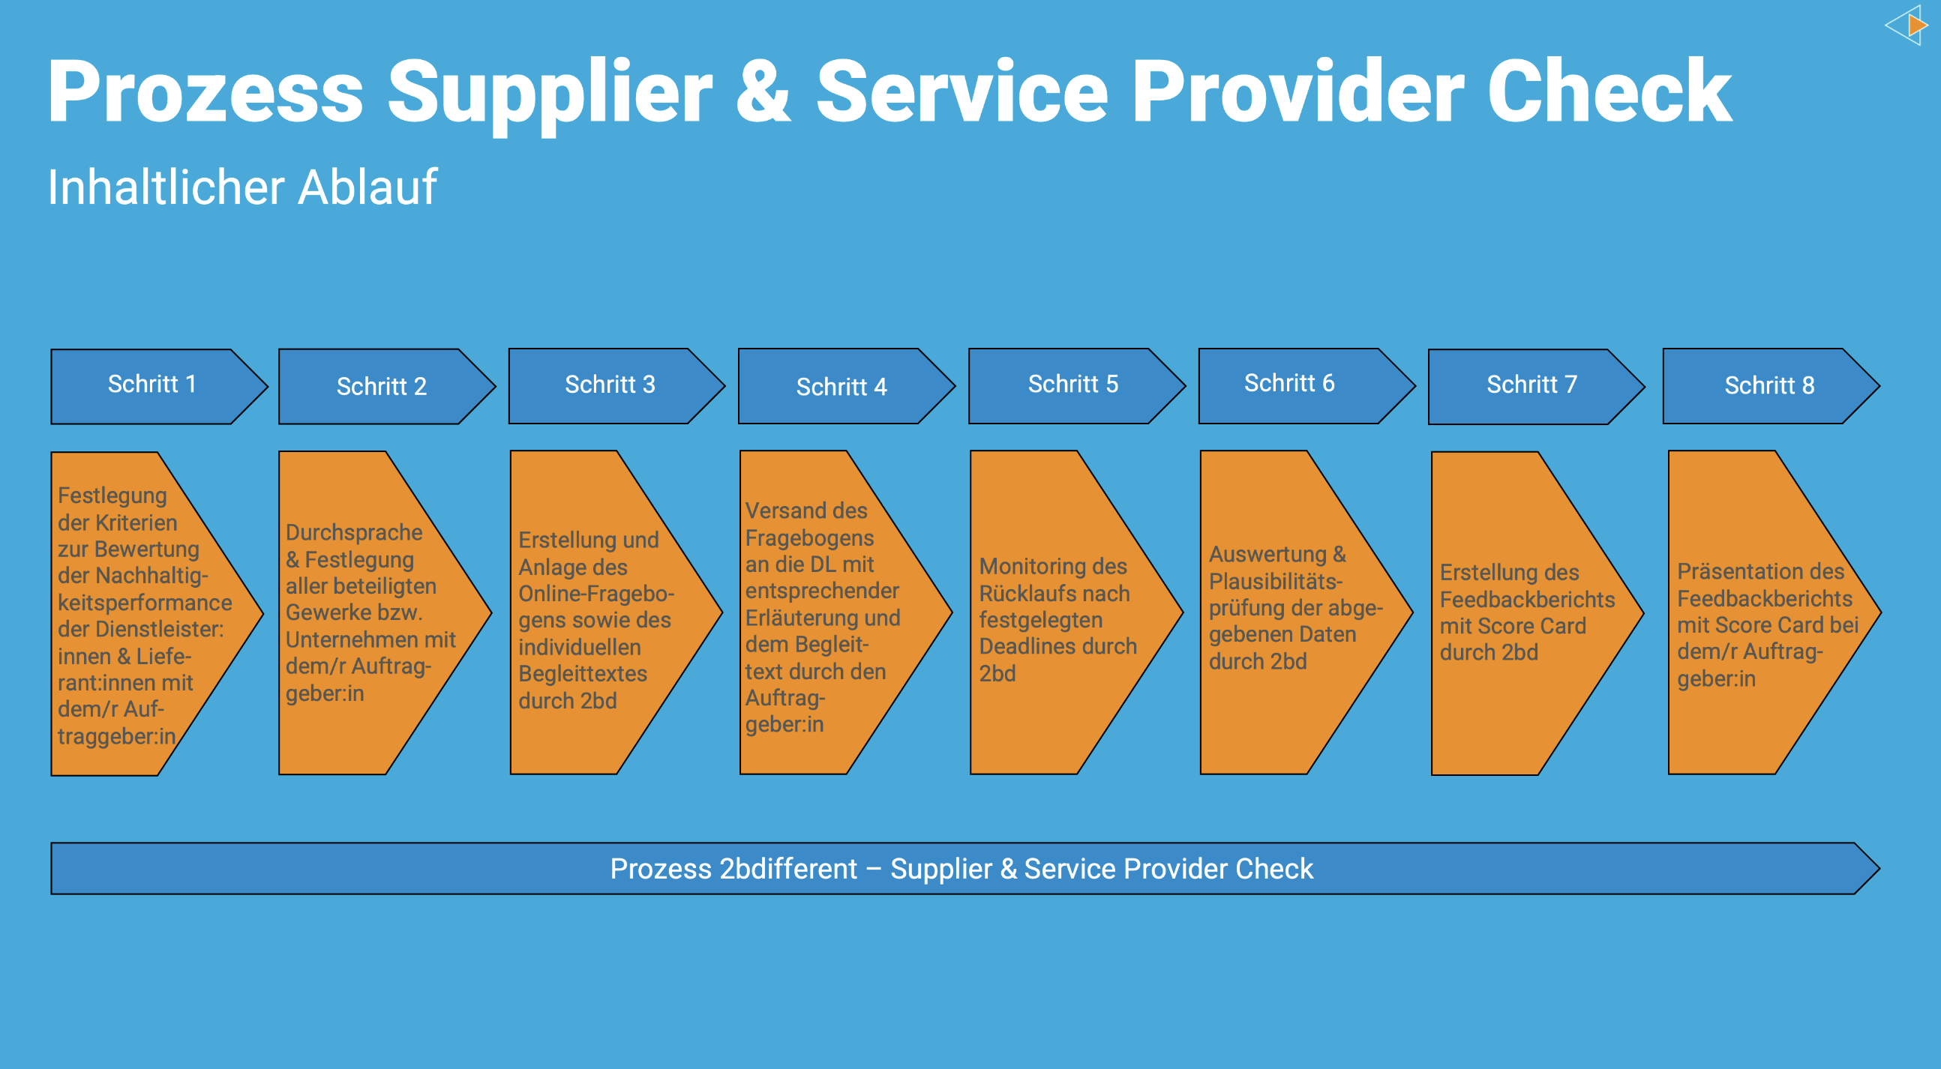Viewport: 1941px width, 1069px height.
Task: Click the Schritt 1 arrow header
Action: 152,385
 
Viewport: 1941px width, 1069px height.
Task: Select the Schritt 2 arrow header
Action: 381,387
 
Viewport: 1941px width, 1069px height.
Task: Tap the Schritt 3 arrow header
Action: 610,385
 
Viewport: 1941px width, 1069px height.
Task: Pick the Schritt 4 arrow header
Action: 841,388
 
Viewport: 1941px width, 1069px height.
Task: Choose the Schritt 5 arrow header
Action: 1073,385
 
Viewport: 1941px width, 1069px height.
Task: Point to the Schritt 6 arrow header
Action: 1289,384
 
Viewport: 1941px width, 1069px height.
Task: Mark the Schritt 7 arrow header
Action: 1531,385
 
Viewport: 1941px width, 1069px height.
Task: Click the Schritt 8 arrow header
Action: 1769,386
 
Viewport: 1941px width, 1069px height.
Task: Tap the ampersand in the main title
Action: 763,92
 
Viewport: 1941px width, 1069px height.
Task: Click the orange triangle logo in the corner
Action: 1916,25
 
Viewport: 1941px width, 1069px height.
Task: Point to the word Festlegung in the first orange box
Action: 112,496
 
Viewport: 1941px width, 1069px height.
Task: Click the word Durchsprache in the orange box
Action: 354,532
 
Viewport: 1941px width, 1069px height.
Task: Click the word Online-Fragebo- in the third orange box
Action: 595,594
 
